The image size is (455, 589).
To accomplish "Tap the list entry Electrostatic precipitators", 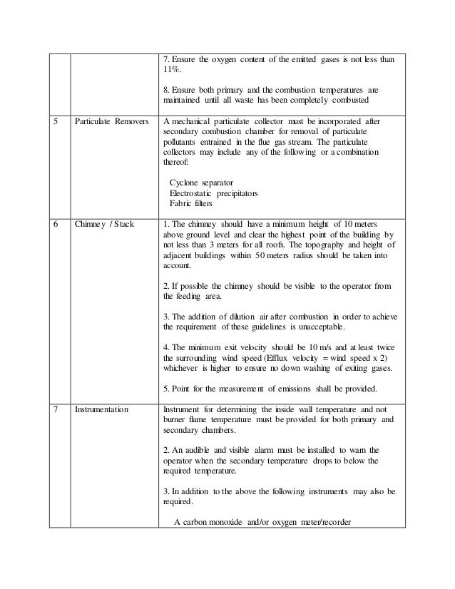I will [213, 193].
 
